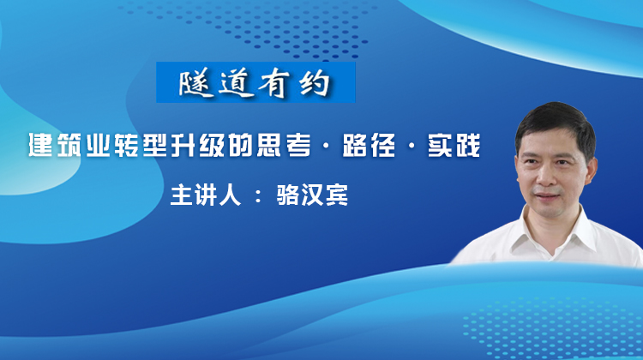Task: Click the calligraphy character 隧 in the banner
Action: pyautogui.click(x=195, y=83)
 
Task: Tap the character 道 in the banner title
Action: pyautogui.click(x=236, y=83)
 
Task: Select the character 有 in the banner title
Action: pyautogui.click(x=274, y=83)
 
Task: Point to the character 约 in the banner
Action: pyautogui.click(x=314, y=83)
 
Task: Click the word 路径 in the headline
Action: pyautogui.click(x=369, y=145)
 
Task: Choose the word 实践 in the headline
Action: pyautogui.click(x=454, y=145)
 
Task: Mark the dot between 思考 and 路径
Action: pyautogui.click(x=326, y=146)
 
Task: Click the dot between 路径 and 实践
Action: pyautogui.click(x=412, y=146)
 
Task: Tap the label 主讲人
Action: pyautogui.click(x=206, y=195)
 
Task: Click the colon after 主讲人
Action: pyautogui.click(x=258, y=196)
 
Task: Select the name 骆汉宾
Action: pyautogui.click(x=312, y=195)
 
